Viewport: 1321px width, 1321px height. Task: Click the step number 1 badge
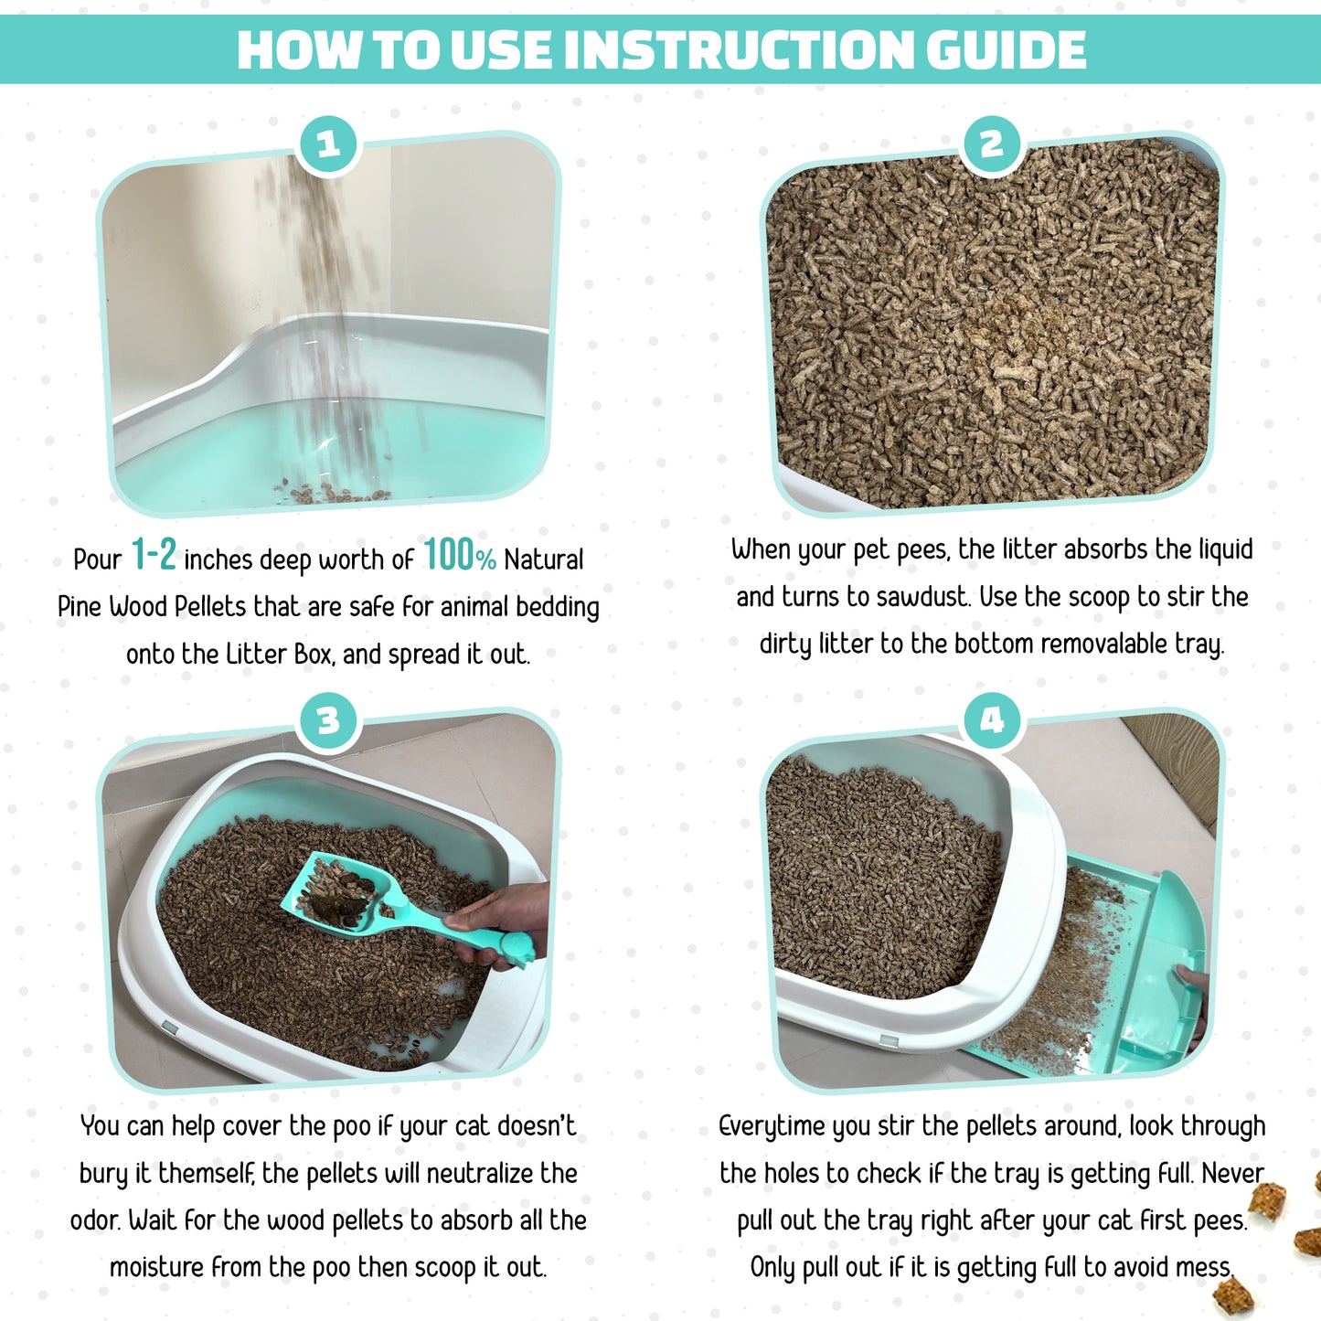click(x=328, y=144)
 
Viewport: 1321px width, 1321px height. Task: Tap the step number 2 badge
click(x=992, y=144)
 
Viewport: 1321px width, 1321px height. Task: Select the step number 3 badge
click(x=328, y=721)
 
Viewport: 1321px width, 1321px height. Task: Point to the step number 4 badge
click(x=992, y=721)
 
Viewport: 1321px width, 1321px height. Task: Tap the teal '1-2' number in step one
click(x=154, y=556)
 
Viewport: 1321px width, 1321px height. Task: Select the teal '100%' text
click(x=459, y=556)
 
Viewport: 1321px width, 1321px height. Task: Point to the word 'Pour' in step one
click(x=97, y=559)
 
